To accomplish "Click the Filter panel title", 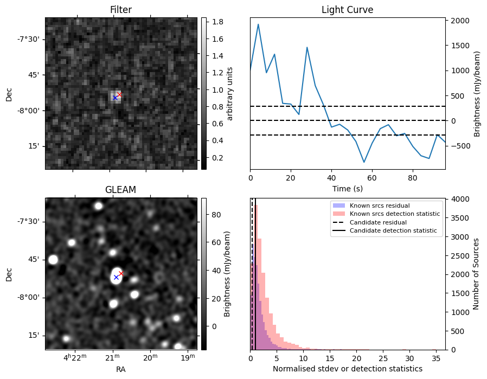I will (x=120, y=10).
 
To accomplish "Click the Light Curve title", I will (x=347, y=10).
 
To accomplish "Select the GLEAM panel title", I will (x=120, y=189).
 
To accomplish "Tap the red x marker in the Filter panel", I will (x=119, y=95).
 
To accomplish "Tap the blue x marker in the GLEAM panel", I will (x=116, y=277).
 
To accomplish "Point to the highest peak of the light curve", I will (x=258, y=24).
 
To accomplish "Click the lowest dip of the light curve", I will (x=364, y=162).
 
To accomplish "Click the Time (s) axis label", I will (x=347, y=188).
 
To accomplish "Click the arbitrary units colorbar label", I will (x=230, y=93).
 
